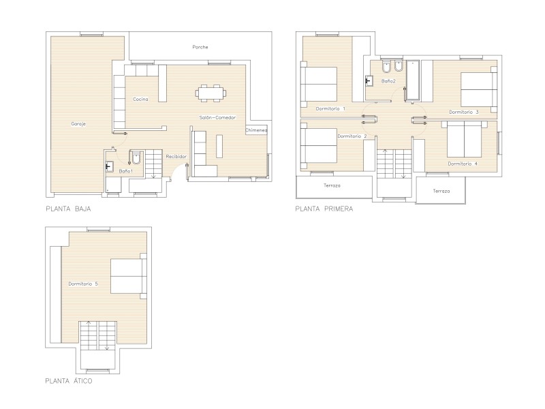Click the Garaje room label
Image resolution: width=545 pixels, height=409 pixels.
coord(78,124)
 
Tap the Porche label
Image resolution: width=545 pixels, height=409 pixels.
coord(200,47)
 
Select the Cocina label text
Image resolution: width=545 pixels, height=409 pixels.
coord(140,99)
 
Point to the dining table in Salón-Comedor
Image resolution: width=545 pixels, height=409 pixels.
coord(211,93)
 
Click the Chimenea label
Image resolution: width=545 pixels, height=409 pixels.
coord(256,130)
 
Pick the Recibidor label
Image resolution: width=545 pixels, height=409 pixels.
coord(176,157)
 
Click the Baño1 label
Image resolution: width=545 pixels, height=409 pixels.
coord(125,171)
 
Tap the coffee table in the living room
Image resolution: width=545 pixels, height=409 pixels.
coord(219,146)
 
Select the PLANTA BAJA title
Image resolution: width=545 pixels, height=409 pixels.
coord(69,209)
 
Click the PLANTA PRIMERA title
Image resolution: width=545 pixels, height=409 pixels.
coord(324,209)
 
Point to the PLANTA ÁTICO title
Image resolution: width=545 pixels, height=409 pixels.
coord(69,381)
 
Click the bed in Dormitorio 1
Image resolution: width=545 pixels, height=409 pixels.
coord(319,84)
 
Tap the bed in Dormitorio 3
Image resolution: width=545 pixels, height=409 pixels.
coord(479,90)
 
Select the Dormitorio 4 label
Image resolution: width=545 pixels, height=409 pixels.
coord(463,164)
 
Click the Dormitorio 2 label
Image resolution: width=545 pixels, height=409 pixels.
coord(352,136)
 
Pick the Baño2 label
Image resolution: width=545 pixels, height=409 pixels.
coord(388,81)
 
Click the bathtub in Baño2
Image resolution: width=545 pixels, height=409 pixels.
coord(413,80)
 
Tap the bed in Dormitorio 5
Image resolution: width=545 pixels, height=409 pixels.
coord(129,276)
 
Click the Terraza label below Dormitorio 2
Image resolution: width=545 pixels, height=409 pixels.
coord(332,185)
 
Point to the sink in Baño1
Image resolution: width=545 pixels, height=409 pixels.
coord(109,167)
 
